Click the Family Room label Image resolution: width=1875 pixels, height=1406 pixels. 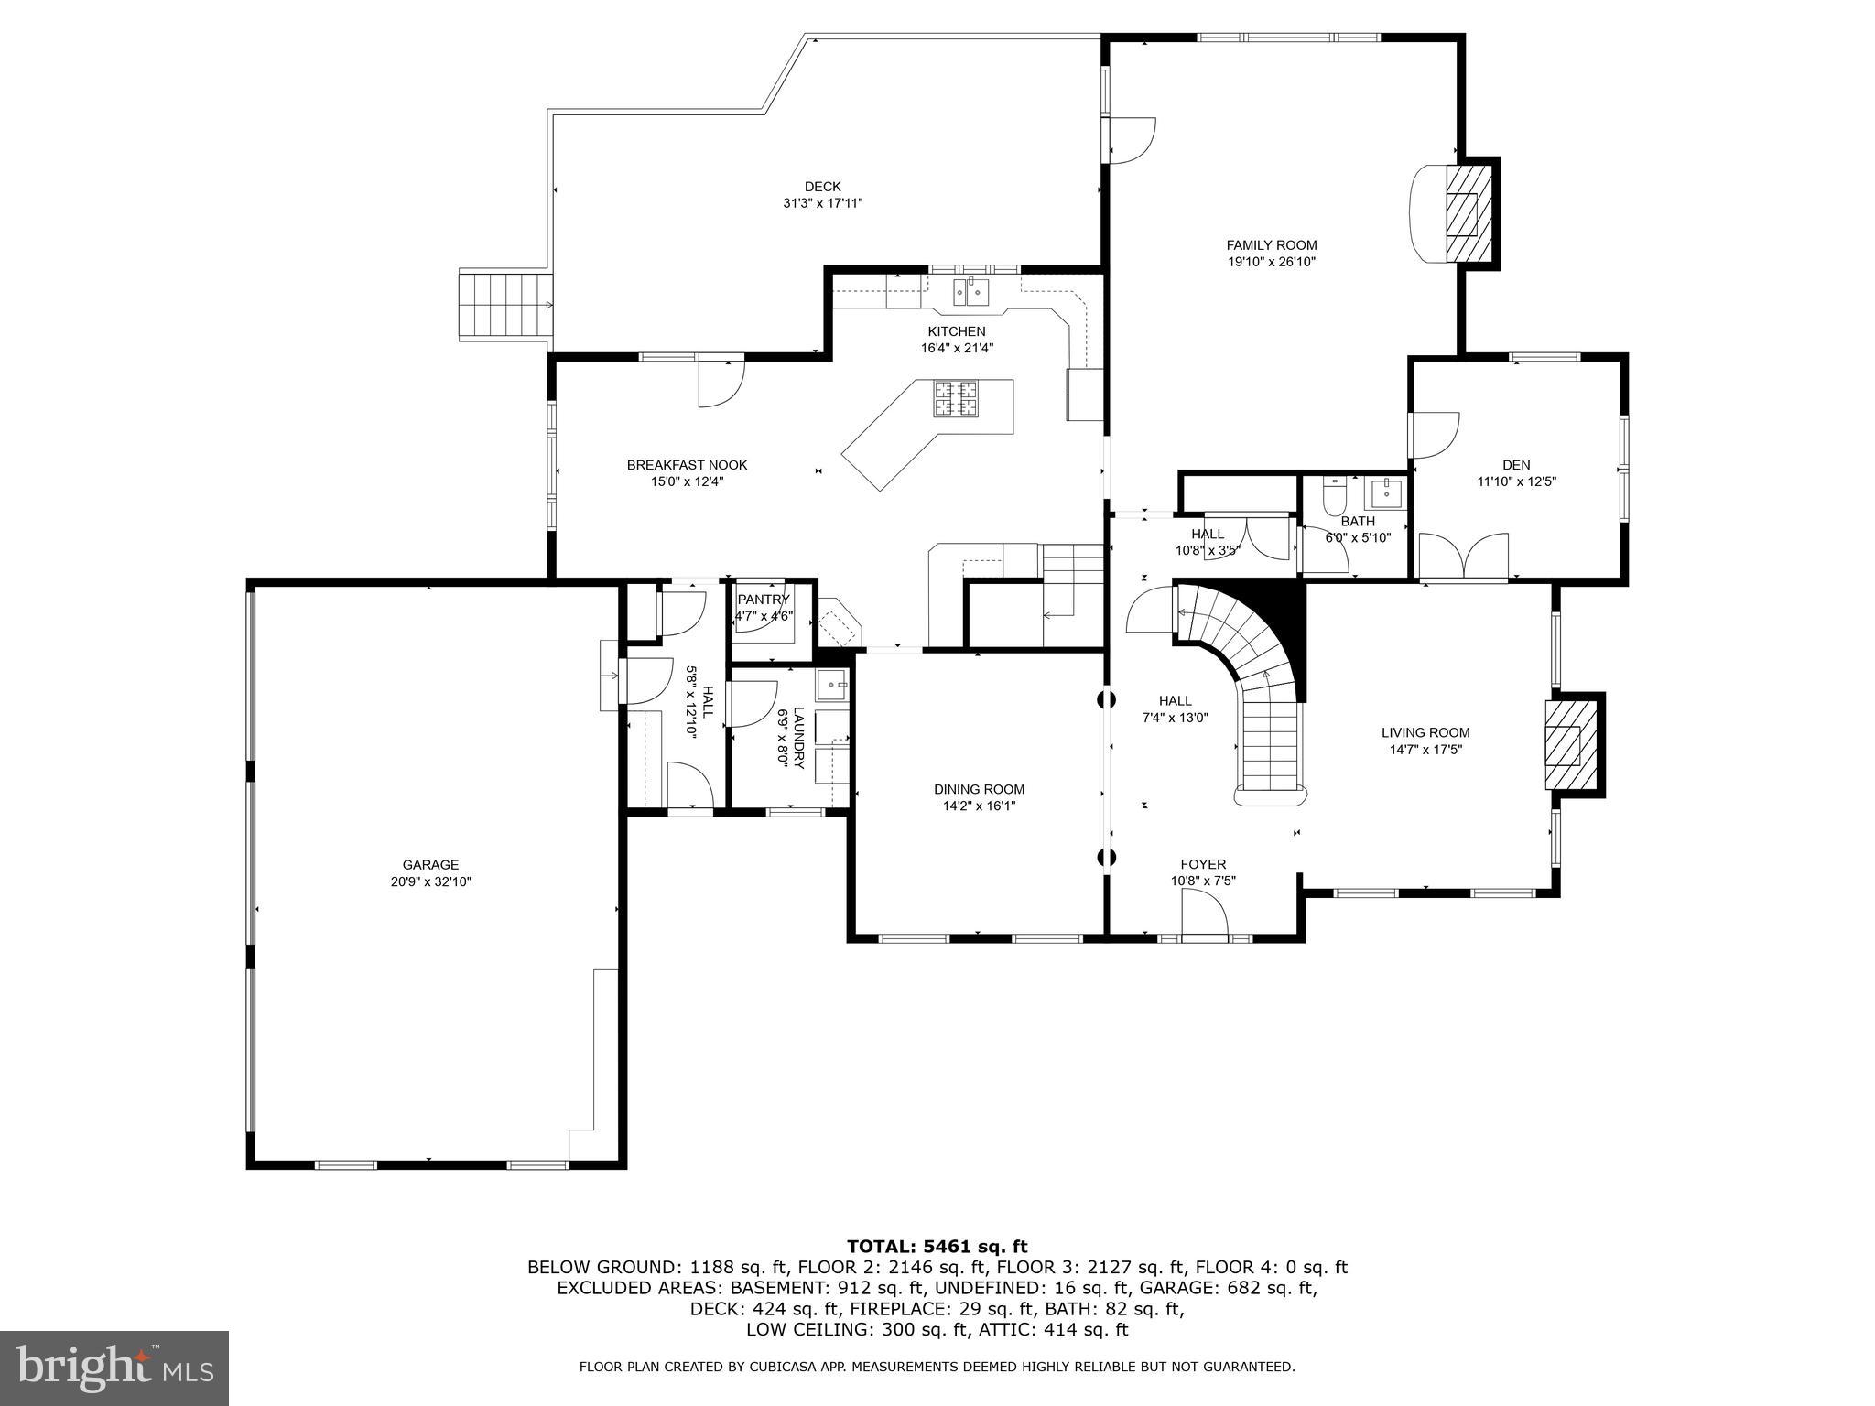[x=1271, y=244]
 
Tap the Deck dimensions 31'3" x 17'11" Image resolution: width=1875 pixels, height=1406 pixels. [x=822, y=203]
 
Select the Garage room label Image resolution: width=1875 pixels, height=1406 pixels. [x=430, y=864]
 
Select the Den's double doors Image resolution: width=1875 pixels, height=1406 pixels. [x=1463, y=557]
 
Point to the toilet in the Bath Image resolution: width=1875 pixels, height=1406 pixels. [x=1334, y=496]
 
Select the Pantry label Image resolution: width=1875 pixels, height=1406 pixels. [x=763, y=600]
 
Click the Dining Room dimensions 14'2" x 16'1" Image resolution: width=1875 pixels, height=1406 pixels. [x=979, y=806]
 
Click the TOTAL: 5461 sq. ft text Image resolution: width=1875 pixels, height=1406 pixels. [x=937, y=1246]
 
